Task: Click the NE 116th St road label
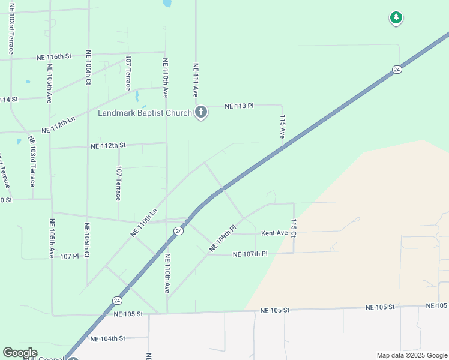click(54, 56)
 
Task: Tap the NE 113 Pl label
click(239, 106)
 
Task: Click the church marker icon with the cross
click(201, 112)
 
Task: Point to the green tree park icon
click(396, 18)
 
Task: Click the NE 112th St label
click(108, 145)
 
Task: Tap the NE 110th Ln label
click(144, 221)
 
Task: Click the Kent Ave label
click(274, 233)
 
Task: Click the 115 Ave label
click(282, 128)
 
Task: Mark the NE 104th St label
click(108, 338)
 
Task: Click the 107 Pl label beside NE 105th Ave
click(70, 256)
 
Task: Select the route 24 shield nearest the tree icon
click(397, 70)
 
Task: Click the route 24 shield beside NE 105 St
click(116, 300)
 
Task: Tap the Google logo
click(20, 353)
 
